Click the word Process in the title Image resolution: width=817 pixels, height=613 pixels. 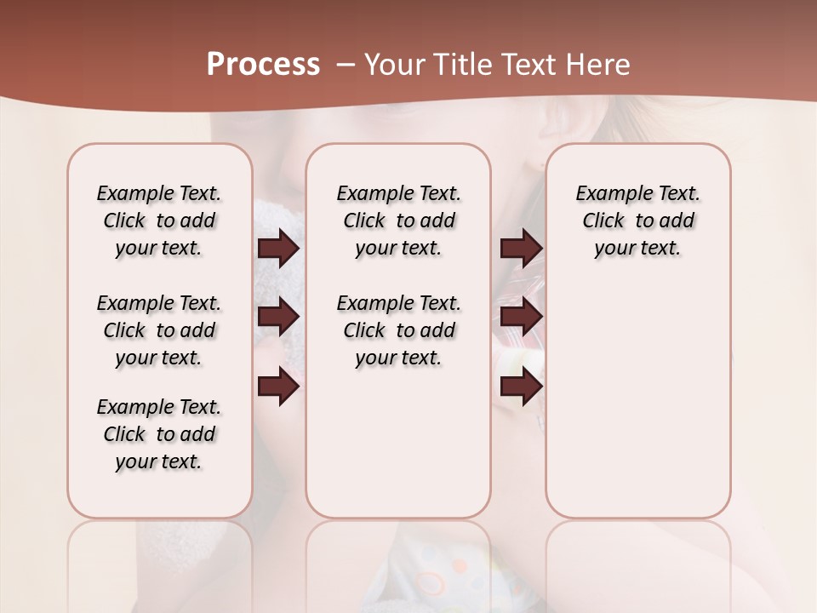pos(263,65)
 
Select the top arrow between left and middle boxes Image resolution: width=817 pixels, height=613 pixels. pos(278,249)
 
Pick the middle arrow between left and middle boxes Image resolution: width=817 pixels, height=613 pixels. pos(278,317)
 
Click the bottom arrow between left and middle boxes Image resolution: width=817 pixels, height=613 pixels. pos(278,387)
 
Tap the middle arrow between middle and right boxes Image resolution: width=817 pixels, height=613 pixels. pos(521,317)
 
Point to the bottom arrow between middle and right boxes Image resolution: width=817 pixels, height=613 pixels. pos(521,387)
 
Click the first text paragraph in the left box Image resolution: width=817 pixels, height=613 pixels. pos(159,221)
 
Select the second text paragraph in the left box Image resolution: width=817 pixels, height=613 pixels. pos(159,330)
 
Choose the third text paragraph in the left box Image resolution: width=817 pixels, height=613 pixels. pos(159,434)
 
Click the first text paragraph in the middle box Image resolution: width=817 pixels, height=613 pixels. pos(398,221)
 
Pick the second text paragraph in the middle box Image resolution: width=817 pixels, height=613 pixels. pos(398,330)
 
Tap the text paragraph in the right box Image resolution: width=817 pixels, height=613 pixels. pos(637,221)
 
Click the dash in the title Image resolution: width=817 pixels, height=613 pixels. pos(345,65)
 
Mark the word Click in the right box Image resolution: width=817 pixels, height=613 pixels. pos(603,221)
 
